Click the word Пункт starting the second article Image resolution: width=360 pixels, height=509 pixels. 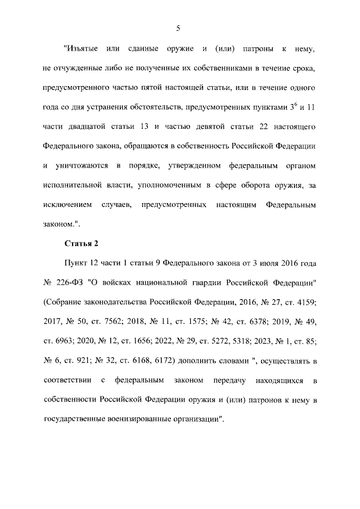point(76,264)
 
